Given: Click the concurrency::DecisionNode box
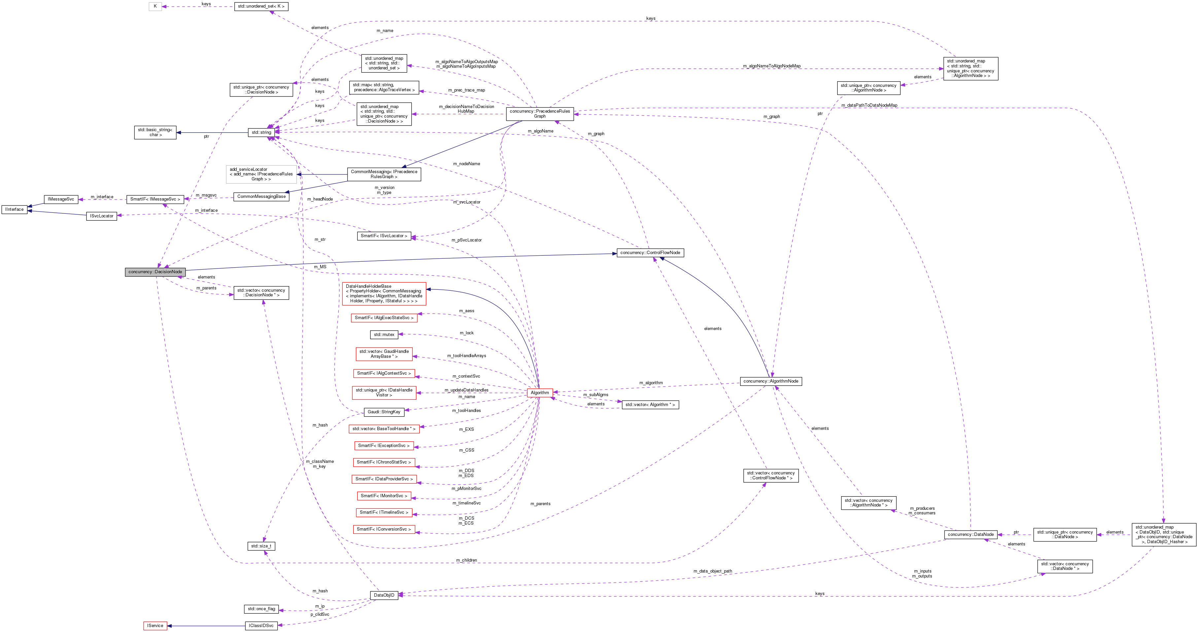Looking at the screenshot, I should point(155,272).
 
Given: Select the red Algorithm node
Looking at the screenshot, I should point(539,393).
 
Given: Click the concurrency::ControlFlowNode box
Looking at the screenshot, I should point(650,253).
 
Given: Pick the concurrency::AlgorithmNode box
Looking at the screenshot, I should point(770,381).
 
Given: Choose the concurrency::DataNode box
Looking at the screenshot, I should point(971,534).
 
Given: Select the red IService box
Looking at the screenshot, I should point(155,625).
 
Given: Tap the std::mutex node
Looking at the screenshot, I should point(384,335).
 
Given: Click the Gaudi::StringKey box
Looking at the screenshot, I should point(384,412).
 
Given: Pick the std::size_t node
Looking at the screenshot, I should point(261,546).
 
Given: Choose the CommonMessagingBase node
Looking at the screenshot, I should point(261,196).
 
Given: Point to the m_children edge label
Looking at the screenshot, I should point(466,560).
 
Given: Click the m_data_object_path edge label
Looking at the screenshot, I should point(712,571).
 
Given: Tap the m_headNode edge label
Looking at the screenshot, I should point(320,199).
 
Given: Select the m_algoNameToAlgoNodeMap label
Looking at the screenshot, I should point(771,66).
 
